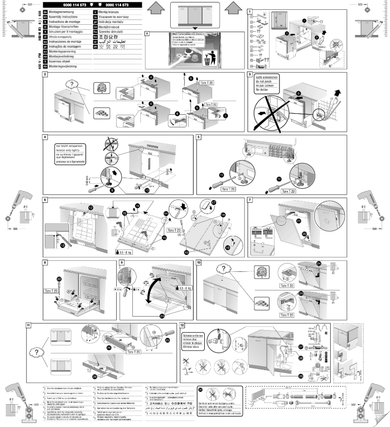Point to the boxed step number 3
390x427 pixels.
250,75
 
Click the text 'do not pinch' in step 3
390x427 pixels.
263,84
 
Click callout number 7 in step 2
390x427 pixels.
225,116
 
